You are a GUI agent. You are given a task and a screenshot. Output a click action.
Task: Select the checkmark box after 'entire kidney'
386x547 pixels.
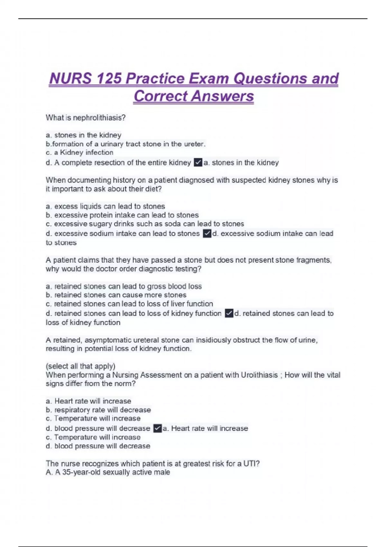coord(198,162)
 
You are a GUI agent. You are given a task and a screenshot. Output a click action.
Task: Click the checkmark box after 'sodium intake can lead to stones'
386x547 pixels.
coord(207,234)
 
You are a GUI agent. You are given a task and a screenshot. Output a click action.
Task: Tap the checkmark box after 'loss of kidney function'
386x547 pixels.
coord(229,313)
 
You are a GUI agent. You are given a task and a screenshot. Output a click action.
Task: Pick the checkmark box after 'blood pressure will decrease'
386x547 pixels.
coord(157,428)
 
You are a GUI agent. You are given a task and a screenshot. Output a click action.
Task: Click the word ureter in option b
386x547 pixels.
coord(194,144)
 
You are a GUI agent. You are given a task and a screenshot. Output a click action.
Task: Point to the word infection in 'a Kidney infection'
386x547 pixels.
coord(100,153)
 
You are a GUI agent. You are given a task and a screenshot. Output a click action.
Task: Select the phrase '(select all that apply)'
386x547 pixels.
coord(80,366)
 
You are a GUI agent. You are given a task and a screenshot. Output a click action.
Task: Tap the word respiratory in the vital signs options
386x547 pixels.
coord(80,410)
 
